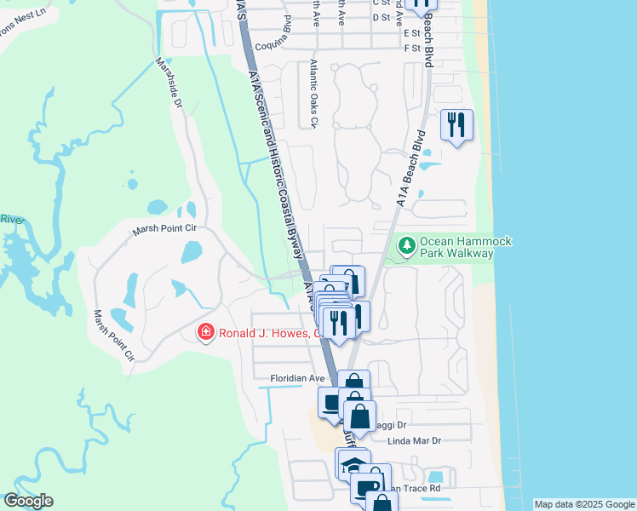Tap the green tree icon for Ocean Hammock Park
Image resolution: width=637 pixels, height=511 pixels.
(x=407, y=247)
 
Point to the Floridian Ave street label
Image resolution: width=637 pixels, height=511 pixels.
(x=298, y=378)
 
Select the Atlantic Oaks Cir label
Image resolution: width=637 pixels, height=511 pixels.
(x=313, y=94)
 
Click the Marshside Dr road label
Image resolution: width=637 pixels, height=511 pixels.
(x=169, y=83)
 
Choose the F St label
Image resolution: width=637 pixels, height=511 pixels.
(x=412, y=49)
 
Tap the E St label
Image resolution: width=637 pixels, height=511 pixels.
(x=412, y=32)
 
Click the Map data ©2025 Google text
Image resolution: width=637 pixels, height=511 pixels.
(x=583, y=504)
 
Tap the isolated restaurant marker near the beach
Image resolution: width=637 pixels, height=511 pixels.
(x=456, y=124)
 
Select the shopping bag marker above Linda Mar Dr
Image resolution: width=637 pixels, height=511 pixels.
(x=360, y=416)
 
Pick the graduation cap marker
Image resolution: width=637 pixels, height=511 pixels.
(x=352, y=463)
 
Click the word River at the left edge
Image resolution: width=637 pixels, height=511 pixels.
(x=9, y=219)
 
